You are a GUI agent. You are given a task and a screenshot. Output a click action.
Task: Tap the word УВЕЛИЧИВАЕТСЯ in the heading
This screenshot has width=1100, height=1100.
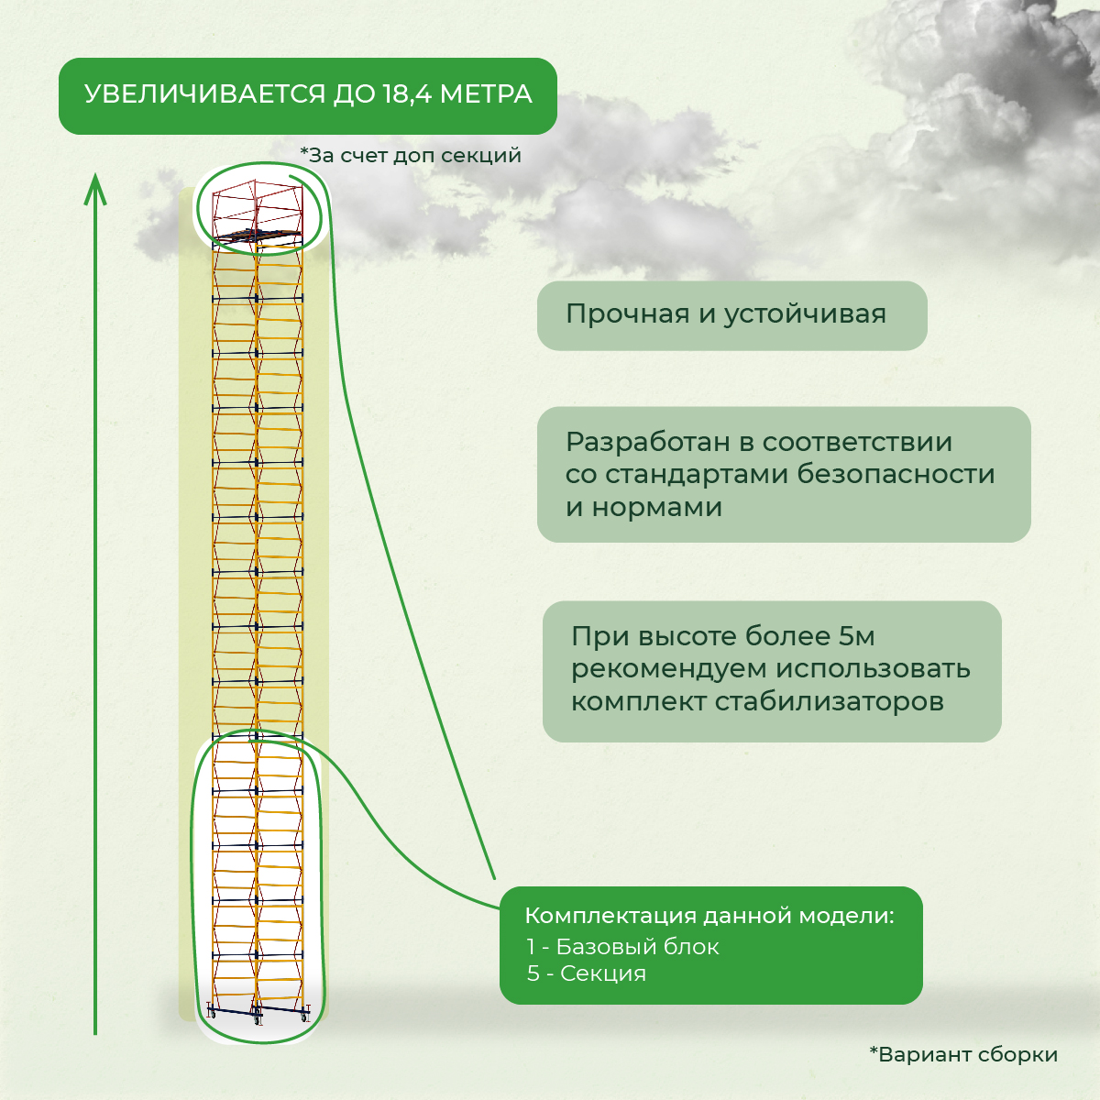click(x=205, y=94)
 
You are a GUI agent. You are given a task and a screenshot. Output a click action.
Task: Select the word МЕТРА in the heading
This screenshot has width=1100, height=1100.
click(x=486, y=94)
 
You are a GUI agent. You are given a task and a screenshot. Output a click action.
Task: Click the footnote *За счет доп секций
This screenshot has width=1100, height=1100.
click(x=411, y=155)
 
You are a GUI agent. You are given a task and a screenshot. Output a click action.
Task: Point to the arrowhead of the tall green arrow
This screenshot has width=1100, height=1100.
click(x=95, y=190)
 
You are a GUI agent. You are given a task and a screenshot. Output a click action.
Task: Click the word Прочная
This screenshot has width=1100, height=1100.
click(x=627, y=314)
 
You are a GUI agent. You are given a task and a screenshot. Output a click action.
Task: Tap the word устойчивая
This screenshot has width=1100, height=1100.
click(x=805, y=314)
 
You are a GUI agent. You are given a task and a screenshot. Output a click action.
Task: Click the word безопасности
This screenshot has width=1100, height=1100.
click(x=896, y=474)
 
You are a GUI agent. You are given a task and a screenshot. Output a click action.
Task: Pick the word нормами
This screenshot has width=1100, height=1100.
click(x=656, y=507)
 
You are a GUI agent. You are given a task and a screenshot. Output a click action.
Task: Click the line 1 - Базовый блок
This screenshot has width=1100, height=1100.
click(x=622, y=947)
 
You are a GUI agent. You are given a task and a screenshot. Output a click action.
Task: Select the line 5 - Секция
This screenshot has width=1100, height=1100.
click(x=587, y=973)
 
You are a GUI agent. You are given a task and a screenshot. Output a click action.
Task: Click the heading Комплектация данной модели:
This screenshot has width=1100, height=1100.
click(x=709, y=916)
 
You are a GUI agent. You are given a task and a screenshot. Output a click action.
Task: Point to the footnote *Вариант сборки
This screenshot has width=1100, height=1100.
click(x=963, y=1054)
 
